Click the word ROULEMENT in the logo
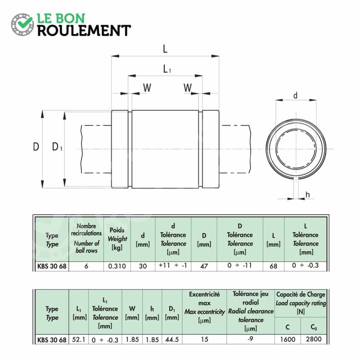point(84,31)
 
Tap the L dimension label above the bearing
point(165,49)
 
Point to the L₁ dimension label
point(167,69)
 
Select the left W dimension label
point(147,88)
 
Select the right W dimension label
point(188,88)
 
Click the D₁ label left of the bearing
point(57,147)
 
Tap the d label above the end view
point(296,95)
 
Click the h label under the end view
point(308,195)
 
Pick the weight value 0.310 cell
point(117,266)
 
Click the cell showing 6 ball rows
point(86,266)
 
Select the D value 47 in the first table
point(204,266)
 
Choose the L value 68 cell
point(274,266)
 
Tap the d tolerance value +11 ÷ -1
point(173,265)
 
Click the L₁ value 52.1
point(78,340)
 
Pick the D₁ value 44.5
point(172,340)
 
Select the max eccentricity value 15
point(204,340)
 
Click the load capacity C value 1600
point(288,340)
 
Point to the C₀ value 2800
point(314,339)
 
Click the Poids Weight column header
point(117,238)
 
